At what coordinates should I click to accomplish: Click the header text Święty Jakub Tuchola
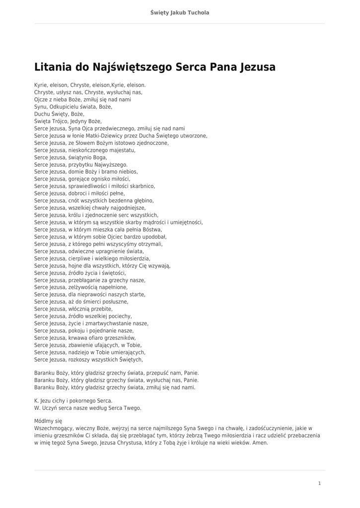tap(180, 12)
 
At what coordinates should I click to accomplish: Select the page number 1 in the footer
tap(319, 483)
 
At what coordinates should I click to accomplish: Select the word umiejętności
tap(186, 222)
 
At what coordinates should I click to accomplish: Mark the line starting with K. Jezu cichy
tap(73, 401)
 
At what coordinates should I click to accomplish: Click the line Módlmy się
tap(48, 421)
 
